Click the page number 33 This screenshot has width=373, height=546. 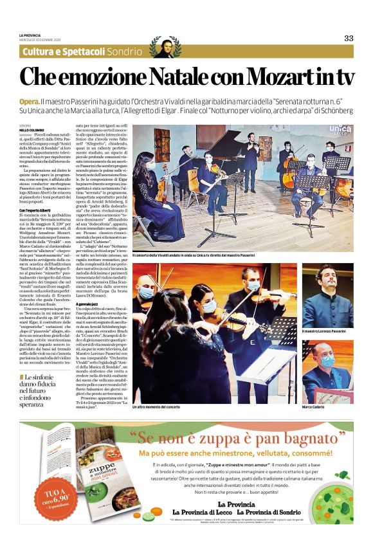(x=349, y=38)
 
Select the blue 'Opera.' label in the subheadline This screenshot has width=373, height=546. (x=29, y=102)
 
